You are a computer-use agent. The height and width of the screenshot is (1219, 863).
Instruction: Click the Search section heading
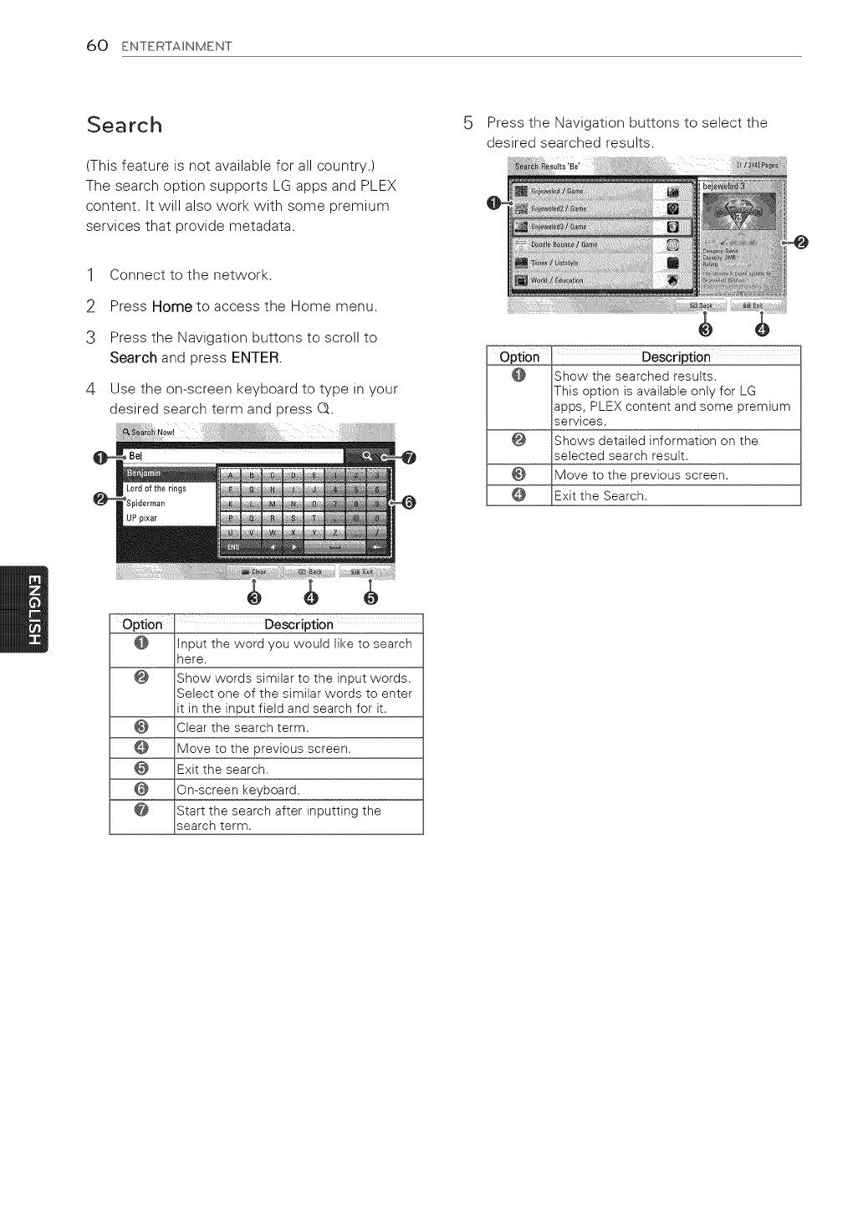pos(125,125)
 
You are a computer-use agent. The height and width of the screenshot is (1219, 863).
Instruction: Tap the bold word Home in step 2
pos(172,306)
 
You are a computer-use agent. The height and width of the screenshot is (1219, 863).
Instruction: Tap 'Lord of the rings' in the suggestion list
pos(156,489)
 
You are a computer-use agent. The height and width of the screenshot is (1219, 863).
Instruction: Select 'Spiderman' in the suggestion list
pos(146,504)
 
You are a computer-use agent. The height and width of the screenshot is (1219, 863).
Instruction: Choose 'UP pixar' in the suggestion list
pos(141,519)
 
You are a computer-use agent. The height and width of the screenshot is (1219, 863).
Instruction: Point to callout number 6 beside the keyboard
pos(409,502)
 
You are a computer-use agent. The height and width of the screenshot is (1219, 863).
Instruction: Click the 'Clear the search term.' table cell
pos(299,728)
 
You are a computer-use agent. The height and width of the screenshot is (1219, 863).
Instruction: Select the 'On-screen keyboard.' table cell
pos(299,790)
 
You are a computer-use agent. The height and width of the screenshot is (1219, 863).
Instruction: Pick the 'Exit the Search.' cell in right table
pos(676,496)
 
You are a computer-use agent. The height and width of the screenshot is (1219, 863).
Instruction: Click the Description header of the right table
pos(676,357)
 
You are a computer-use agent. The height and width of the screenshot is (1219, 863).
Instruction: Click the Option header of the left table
pos(142,624)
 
